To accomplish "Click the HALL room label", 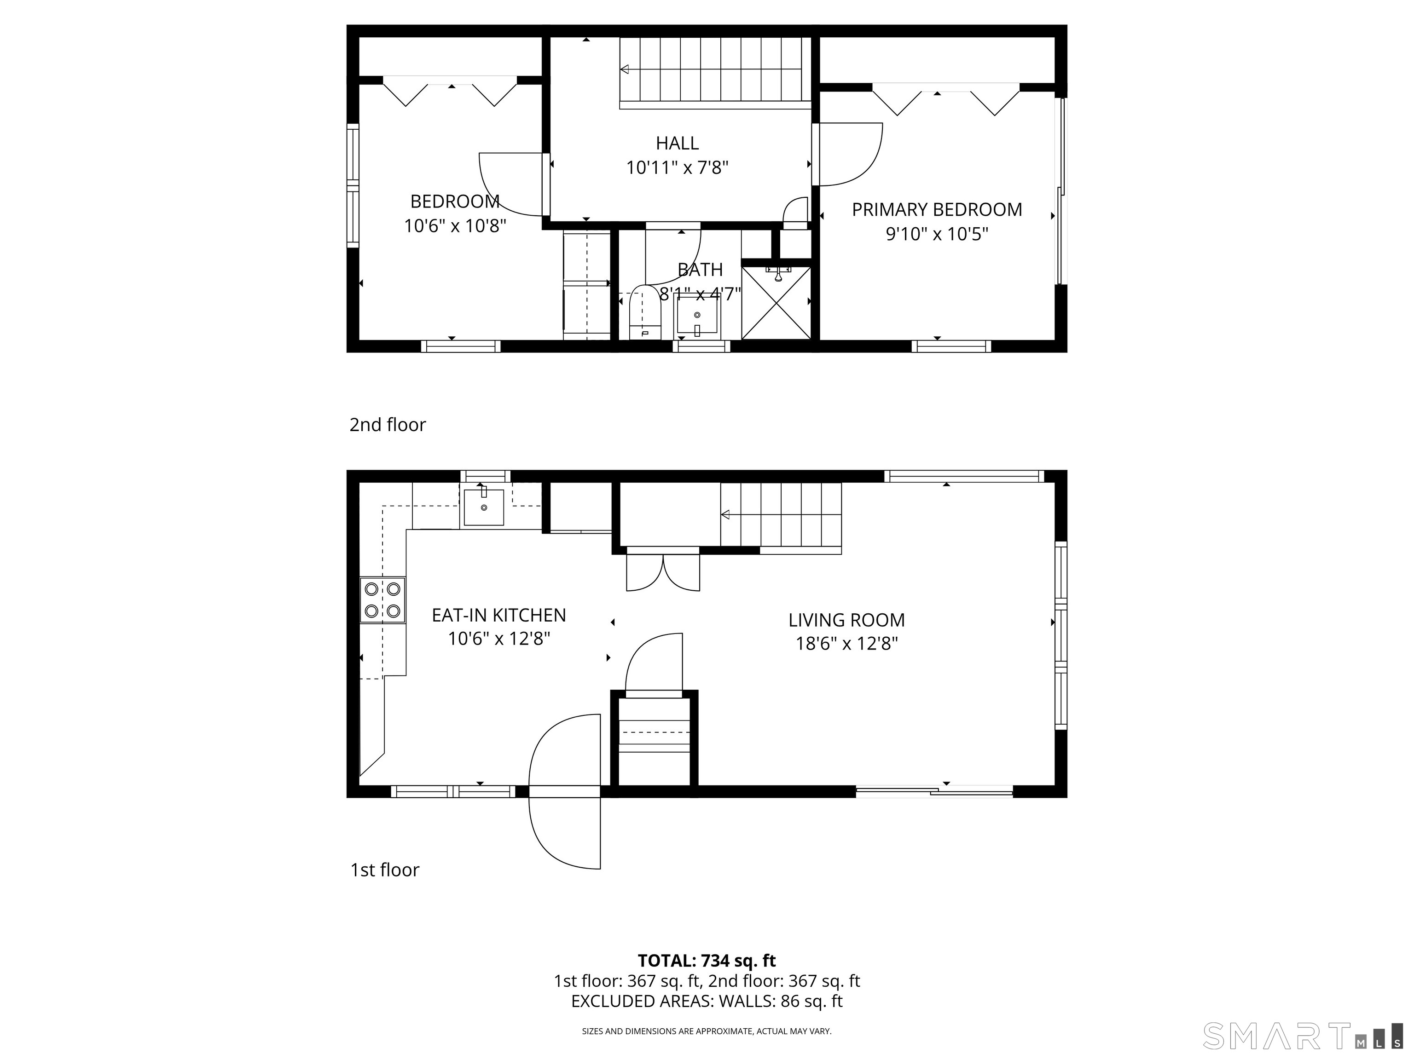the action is [x=677, y=143].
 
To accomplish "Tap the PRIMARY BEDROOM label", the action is [x=937, y=210].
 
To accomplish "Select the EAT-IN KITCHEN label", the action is [x=498, y=615].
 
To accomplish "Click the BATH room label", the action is [x=700, y=270].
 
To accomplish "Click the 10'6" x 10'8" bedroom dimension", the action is [x=455, y=225].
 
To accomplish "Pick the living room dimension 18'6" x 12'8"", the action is [x=846, y=644].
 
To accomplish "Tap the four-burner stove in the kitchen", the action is [x=382, y=599].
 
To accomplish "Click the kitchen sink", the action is [x=484, y=506].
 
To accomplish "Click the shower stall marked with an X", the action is [x=776, y=303].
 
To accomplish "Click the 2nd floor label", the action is [x=388, y=425].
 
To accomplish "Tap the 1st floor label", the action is [x=385, y=870].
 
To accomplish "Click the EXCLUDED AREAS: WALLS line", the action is [x=707, y=1019].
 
